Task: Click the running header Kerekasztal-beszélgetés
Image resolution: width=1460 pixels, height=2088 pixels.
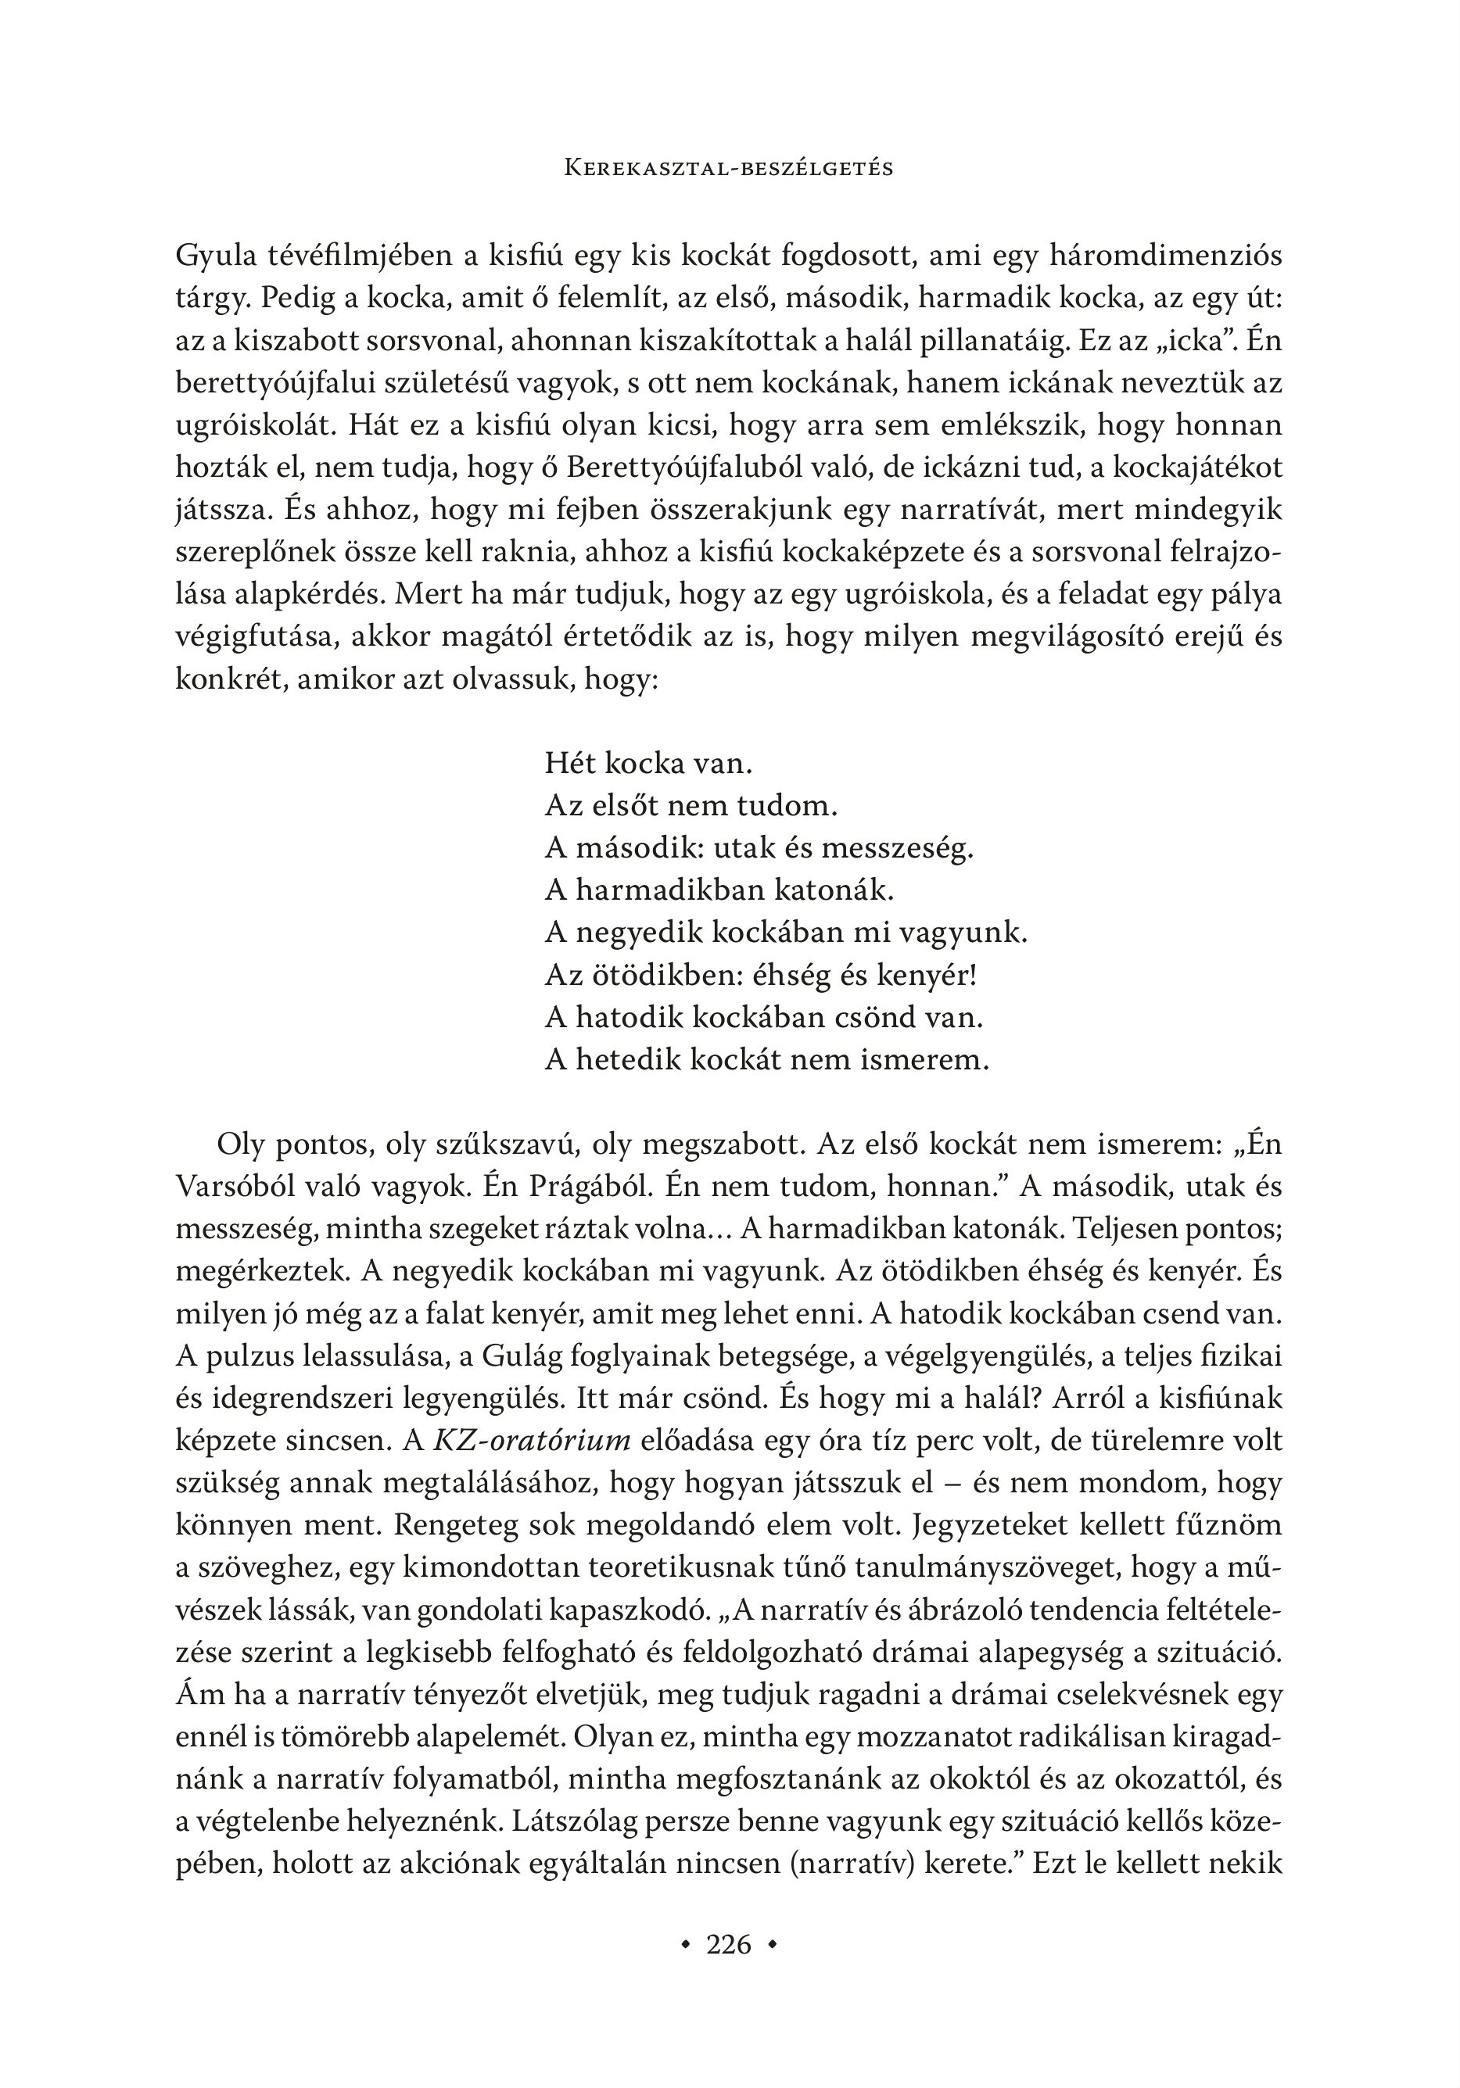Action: (x=729, y=168)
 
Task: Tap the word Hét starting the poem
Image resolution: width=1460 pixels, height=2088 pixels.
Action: (x=569, y=762)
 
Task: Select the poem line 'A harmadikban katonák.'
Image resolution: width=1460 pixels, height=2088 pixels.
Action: (x=719, y=890)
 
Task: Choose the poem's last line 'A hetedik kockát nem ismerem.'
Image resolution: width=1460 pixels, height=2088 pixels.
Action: (x=766, y=1060)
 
